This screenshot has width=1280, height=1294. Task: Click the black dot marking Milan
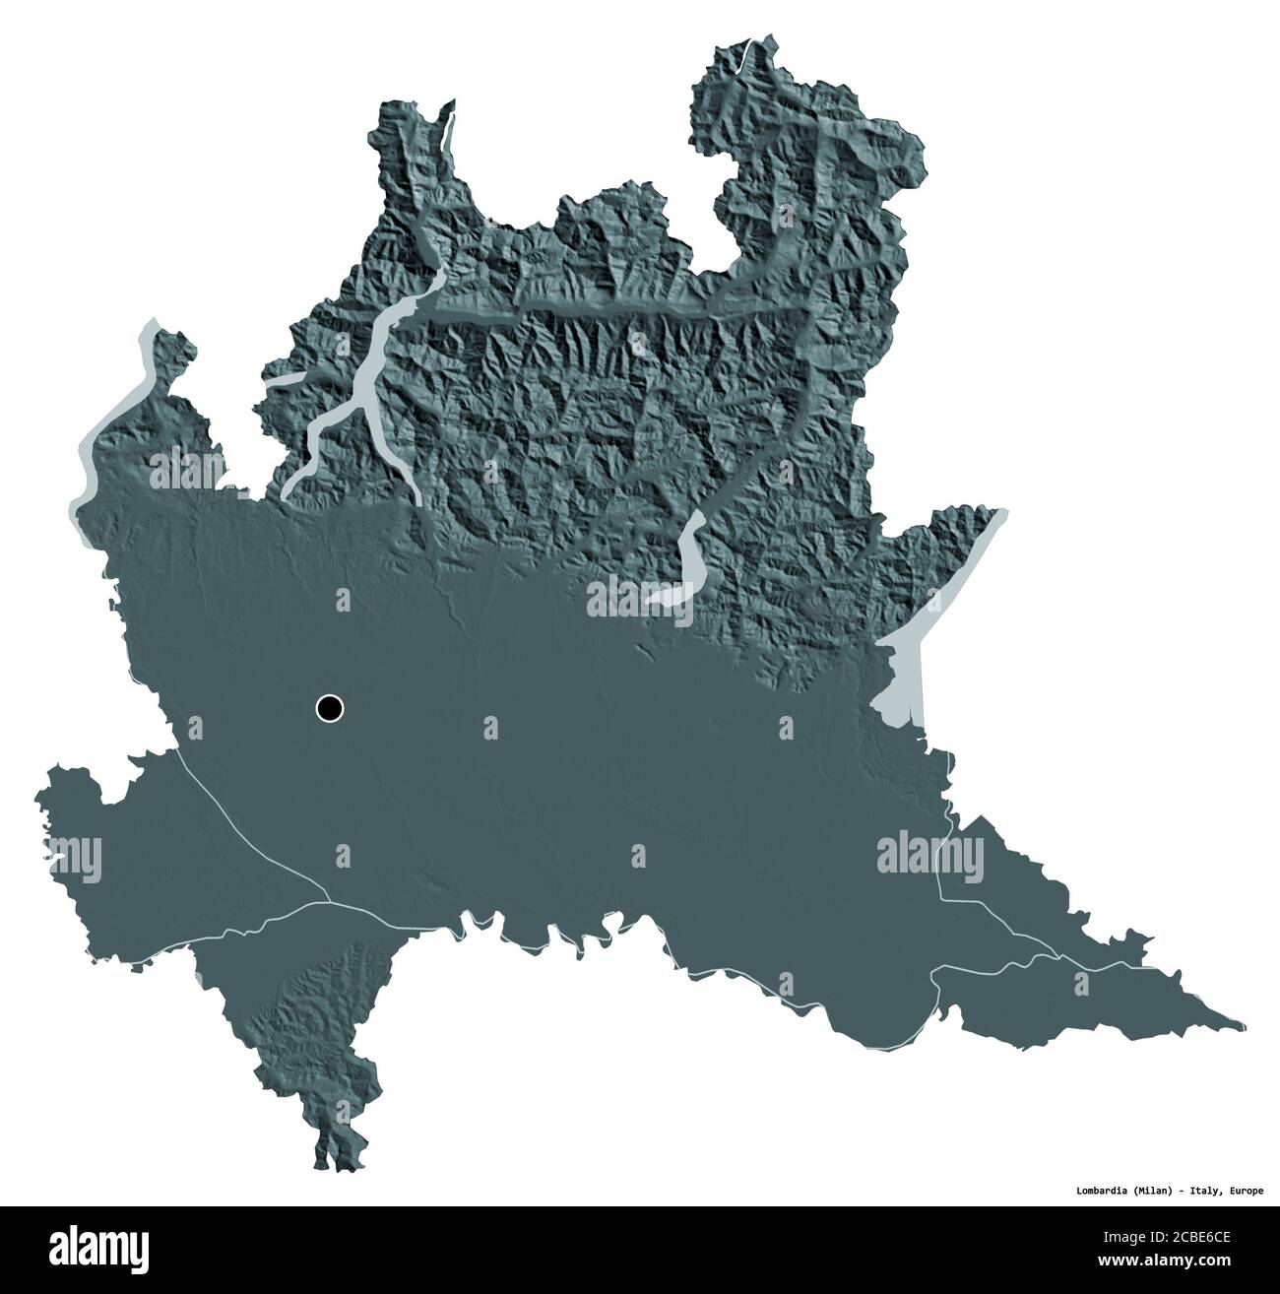(330, 707)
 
